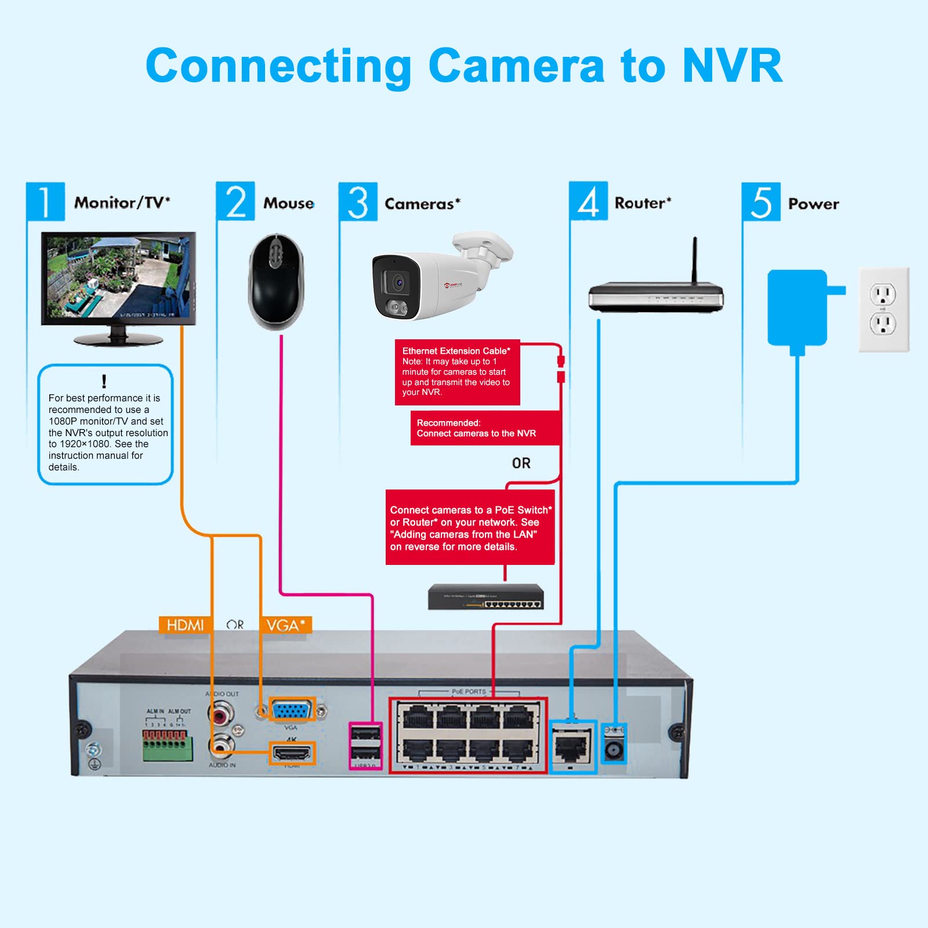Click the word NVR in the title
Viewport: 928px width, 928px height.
coord(732,66)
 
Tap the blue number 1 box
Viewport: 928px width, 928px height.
coord(45,201)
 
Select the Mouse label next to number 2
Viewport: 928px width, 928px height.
coord(288,203)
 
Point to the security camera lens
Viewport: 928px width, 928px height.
coord(398,282)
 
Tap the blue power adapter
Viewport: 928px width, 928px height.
coord(797,307)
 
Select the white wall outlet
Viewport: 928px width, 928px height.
coord(883,309)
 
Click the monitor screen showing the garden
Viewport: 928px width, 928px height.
coord(118,277)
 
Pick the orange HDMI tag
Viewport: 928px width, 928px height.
coord(184,625)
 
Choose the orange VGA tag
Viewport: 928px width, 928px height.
coord(285,625)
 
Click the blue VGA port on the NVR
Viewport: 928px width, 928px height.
coord(292,709)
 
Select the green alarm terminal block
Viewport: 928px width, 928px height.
coord(168,746)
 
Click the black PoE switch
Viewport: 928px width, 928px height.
coord(486,597)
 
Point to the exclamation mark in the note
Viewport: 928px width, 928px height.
coord(104,381)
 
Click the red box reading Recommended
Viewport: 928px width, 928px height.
coord(485,428)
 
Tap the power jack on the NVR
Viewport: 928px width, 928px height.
coord(613,751)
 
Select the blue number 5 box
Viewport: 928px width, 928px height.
coord(761,202)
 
